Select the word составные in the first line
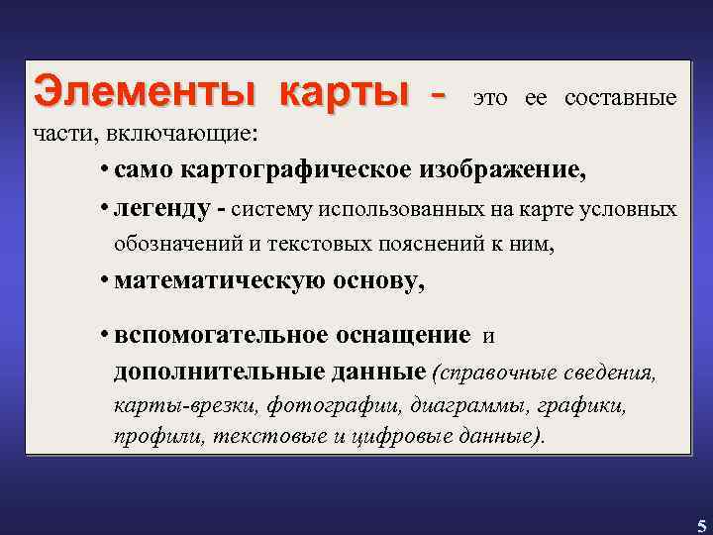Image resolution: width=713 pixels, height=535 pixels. (621, 98)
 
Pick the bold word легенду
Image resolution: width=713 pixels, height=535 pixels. (162, 209)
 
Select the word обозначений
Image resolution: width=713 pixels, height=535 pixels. (174, 244)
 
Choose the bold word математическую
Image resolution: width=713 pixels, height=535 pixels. (216, 281)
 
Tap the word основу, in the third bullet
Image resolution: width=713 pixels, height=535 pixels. (380, 281)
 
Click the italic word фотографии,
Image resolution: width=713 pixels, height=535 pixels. (325, 406)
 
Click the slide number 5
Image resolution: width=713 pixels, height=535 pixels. (701, 525)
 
